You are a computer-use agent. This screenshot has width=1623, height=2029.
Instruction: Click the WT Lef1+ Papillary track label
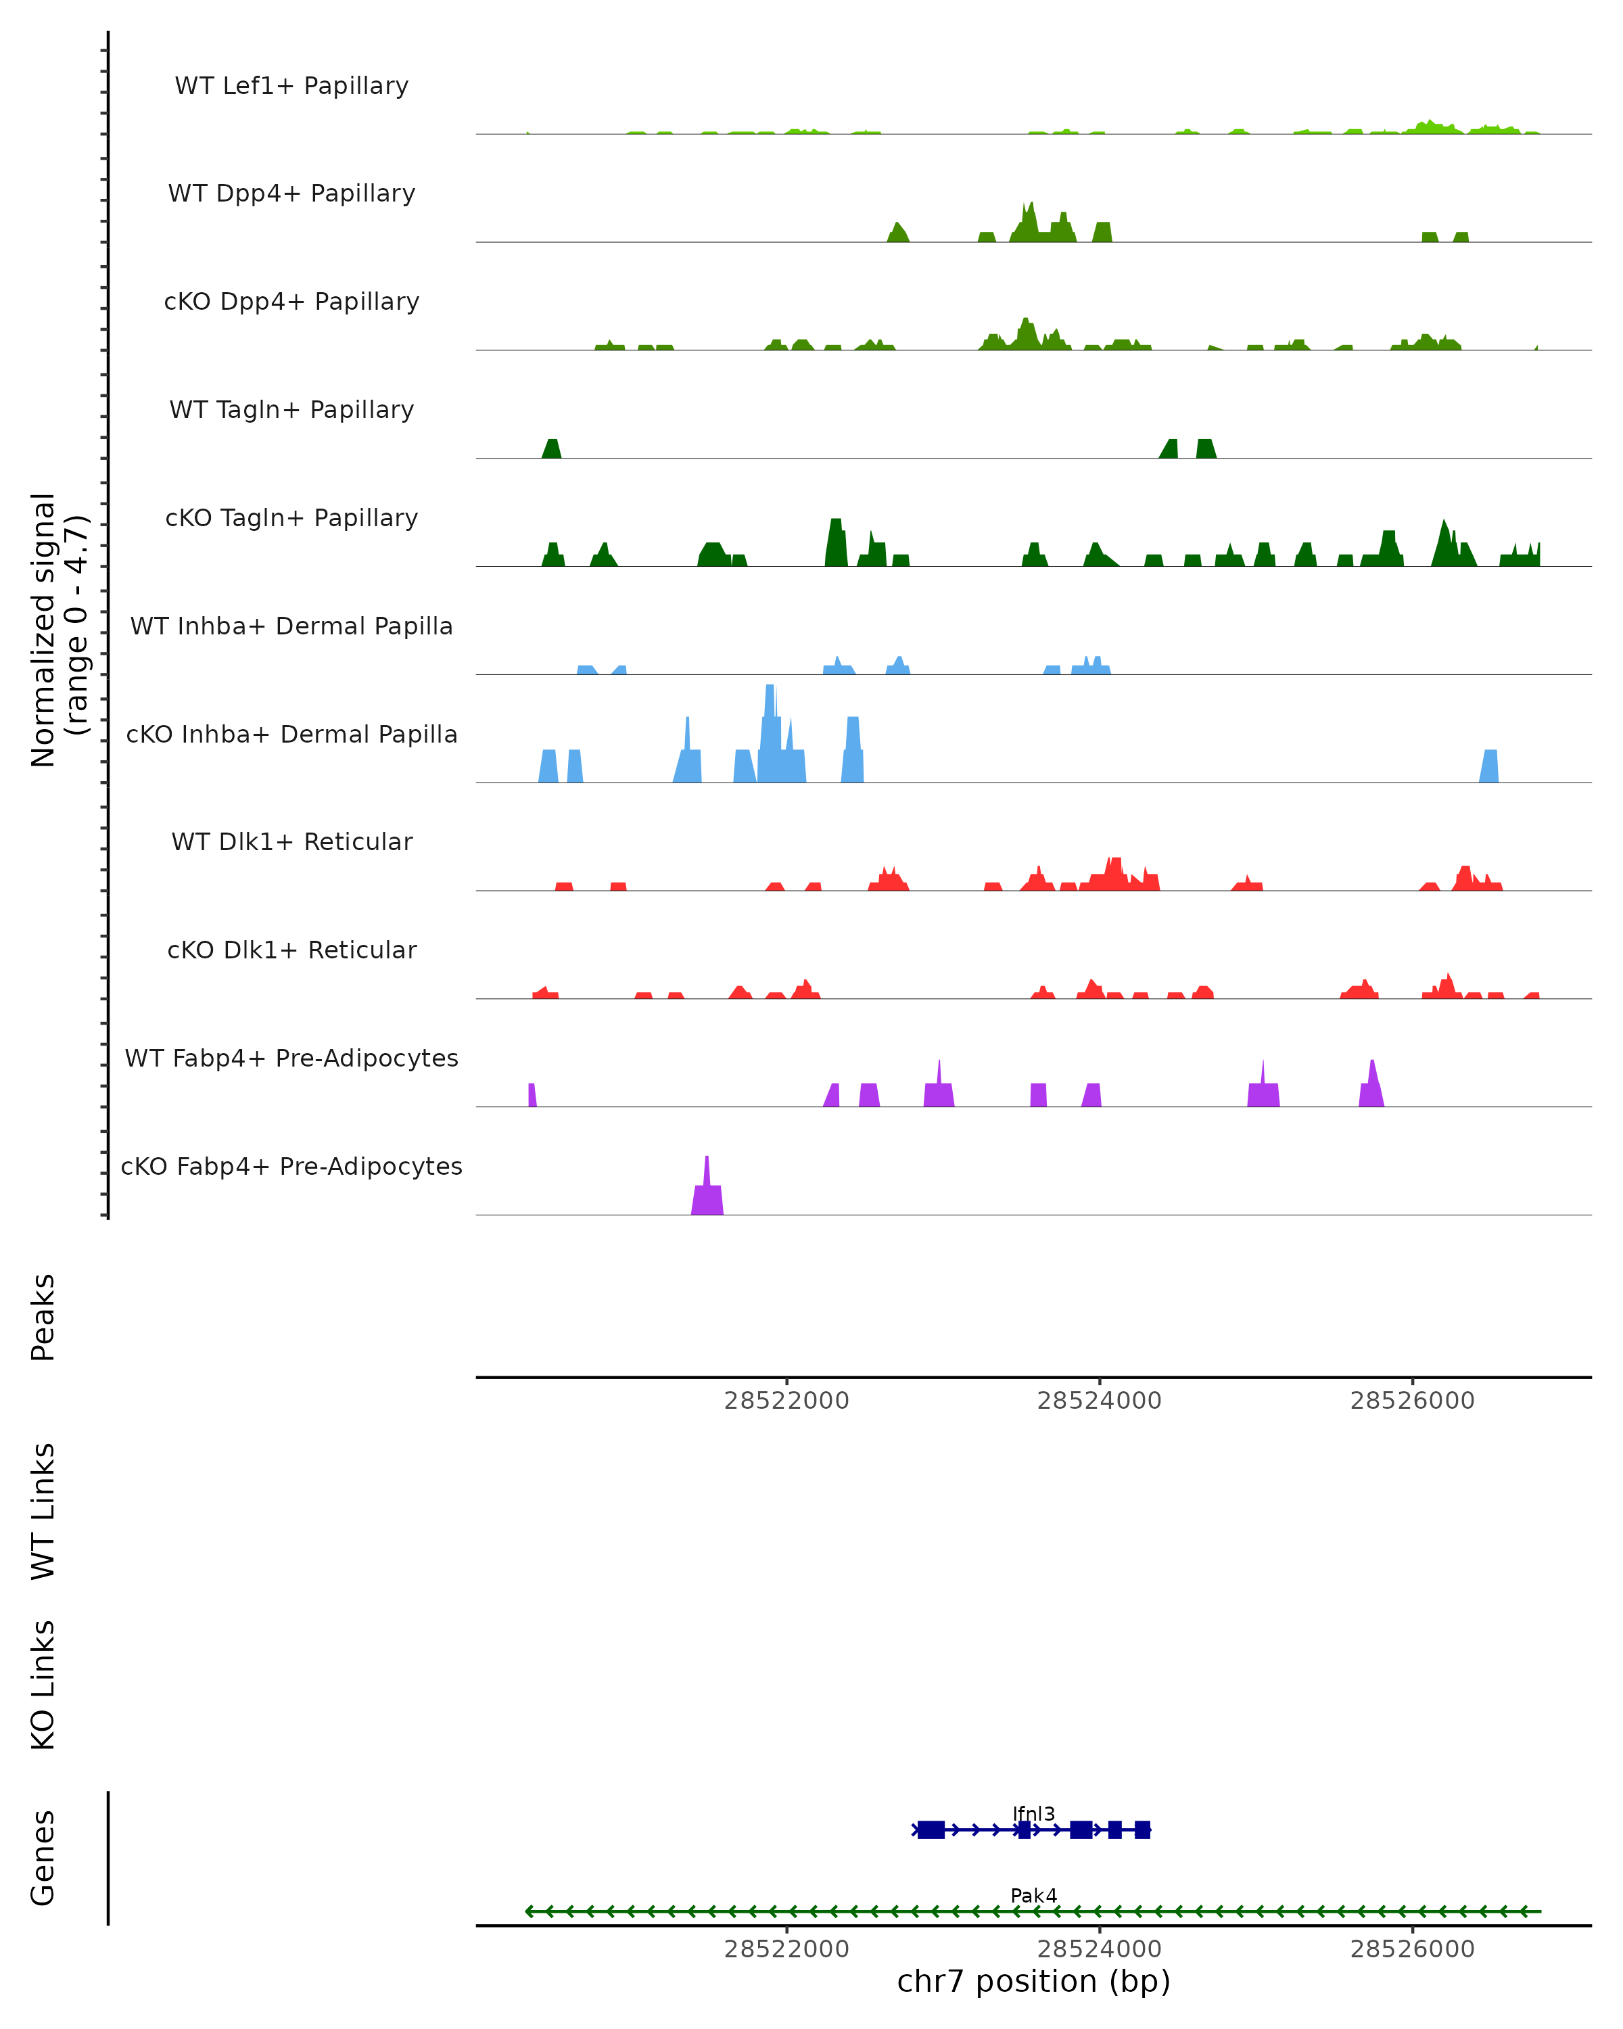click(291, 87)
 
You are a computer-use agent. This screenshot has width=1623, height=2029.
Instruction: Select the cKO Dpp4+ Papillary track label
click(291, 302)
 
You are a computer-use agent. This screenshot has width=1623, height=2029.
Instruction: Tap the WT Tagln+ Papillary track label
click(291, 411)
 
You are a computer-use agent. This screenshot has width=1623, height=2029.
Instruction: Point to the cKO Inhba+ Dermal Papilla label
click(291, 735)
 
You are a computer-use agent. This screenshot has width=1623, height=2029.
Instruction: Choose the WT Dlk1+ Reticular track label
click(291, 842)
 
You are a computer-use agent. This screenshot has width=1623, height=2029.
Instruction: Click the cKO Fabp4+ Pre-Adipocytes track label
click(291, 1167)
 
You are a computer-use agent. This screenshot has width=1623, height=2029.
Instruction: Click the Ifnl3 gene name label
click(1033, 1815)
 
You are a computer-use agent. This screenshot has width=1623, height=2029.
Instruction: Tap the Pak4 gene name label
click(1033, 1895)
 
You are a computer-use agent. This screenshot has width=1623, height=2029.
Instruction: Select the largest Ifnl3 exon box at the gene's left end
click(931, 1829)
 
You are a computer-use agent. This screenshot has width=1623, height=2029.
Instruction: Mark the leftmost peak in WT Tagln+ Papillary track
click(551, 449)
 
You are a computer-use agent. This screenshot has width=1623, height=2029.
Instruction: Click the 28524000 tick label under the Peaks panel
click(1099, 1401)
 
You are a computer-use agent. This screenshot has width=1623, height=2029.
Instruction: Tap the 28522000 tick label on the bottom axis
click(786, 1949)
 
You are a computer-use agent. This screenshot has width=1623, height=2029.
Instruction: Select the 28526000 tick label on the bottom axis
click(1411, 1949)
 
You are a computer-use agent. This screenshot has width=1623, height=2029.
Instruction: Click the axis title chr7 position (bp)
click(1033, 1982)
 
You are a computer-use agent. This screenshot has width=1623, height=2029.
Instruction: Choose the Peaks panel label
click(43, 1317)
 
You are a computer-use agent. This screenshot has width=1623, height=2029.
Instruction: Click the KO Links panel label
click(43, 1685)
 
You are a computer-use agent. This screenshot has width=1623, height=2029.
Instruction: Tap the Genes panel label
click(43, 1858)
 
